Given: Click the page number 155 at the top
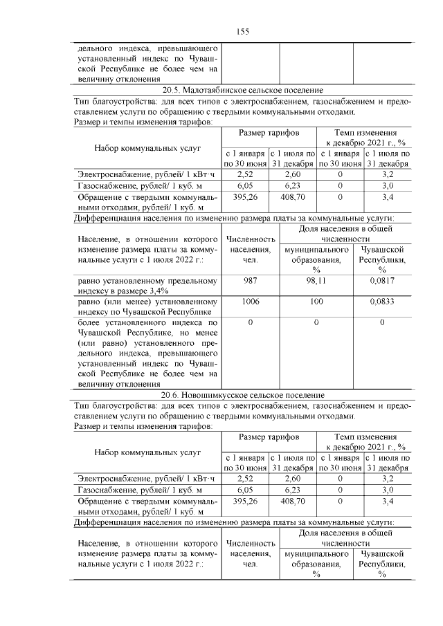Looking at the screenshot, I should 242,31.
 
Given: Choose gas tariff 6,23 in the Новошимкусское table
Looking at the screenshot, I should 293,489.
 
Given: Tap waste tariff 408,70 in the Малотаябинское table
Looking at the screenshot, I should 293,197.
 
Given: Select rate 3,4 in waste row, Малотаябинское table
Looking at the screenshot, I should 388,197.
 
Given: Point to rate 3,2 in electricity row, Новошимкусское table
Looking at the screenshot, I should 388,477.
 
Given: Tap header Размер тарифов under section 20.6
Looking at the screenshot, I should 269,438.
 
